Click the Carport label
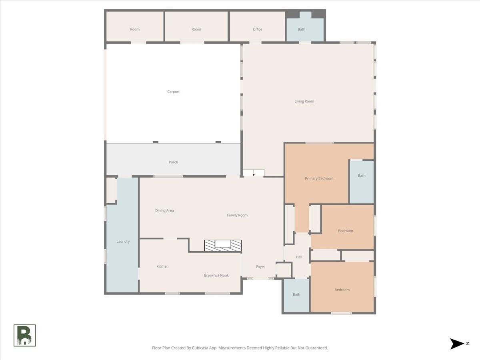click(x=173, y=92)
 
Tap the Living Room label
click(x=304, y=102)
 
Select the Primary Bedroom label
click(x=319, y=178)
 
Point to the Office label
click(x=257, y=29)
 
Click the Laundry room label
click(x=123, y=242)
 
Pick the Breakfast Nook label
click(x=216, y=276)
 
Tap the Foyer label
click(x=260, y=267)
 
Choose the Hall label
click(x=299, y=257)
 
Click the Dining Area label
click(x=164, y=211)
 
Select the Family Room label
click(x=237, y=215)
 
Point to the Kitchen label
click(x=162, y=266)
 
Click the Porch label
click(x=173, y=162)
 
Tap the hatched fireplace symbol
click(x=223, y=246)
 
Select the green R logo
click(x=25, y=336)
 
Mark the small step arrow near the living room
click(x=254, y=173)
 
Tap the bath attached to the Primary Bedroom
click(x=362, y=182)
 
